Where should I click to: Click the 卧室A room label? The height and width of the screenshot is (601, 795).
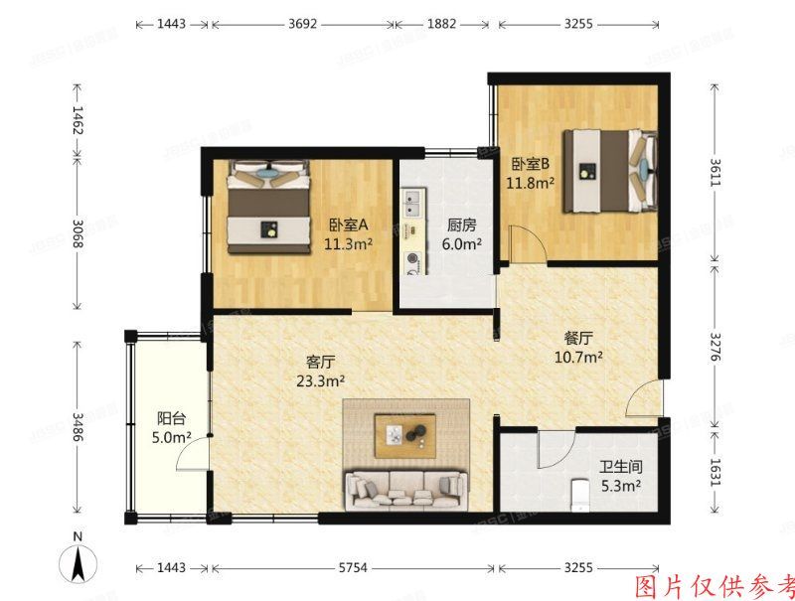[350, 225]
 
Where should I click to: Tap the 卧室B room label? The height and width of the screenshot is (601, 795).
[531, 165]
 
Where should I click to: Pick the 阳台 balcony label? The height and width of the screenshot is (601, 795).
[172, 418]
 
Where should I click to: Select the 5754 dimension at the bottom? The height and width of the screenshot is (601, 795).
[352, 568]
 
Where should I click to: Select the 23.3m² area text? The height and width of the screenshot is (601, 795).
[320, 379]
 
